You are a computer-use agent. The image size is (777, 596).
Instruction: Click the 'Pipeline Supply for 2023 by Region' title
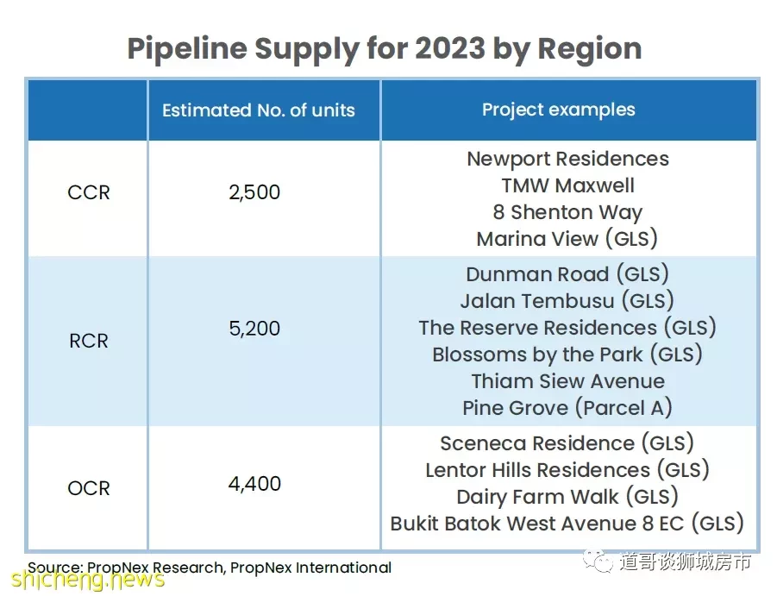[385, 49]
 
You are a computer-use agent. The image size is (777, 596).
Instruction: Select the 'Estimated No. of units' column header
[259, 110]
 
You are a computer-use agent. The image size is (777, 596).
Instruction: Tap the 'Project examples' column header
[559, 110]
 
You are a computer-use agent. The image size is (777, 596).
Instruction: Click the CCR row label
[89, 192]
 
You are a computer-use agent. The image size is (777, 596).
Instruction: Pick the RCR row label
[89, 341]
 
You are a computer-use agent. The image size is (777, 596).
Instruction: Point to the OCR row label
[89, 488]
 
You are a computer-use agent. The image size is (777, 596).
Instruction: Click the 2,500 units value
[254, 192]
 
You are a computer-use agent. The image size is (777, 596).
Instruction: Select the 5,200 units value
[254, 329]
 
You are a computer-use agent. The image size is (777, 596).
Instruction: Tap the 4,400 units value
[254, 484]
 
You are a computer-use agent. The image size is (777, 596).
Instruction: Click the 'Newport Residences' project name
[568, 159]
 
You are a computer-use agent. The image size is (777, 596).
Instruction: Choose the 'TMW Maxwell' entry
[568, 185]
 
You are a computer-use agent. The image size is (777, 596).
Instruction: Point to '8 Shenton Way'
[568, 212]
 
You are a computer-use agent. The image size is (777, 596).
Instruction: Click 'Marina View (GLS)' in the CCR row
[567, 239]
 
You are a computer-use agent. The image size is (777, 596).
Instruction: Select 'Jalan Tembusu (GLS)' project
[567, 301]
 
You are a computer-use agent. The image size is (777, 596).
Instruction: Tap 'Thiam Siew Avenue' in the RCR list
[568, 381]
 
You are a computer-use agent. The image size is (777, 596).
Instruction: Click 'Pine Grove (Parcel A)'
[567, 408]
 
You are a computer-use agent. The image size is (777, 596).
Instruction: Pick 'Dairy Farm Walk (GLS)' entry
[567, 497]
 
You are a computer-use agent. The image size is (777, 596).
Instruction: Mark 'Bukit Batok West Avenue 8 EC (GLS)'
[567, 524]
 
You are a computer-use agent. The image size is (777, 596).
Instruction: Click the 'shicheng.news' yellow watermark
[88, 580]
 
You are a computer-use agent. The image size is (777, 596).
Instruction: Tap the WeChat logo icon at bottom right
[598, 561]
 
